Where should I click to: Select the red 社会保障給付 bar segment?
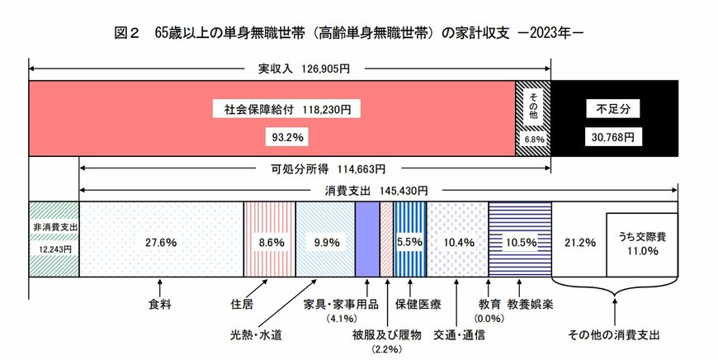(x=272, y=118)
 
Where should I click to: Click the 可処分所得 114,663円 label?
(x=327, y=169)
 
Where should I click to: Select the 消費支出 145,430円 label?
(x=380, y=190)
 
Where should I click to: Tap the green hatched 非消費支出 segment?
(x=54, y=239)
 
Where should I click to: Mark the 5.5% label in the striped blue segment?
(x=410, y=243)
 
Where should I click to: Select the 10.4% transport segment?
(x=459, y=243)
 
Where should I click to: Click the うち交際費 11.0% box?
(x=641, y=244)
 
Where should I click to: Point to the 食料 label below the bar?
(x=160, y=303)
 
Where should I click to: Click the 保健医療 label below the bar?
(x=418, y=303)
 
